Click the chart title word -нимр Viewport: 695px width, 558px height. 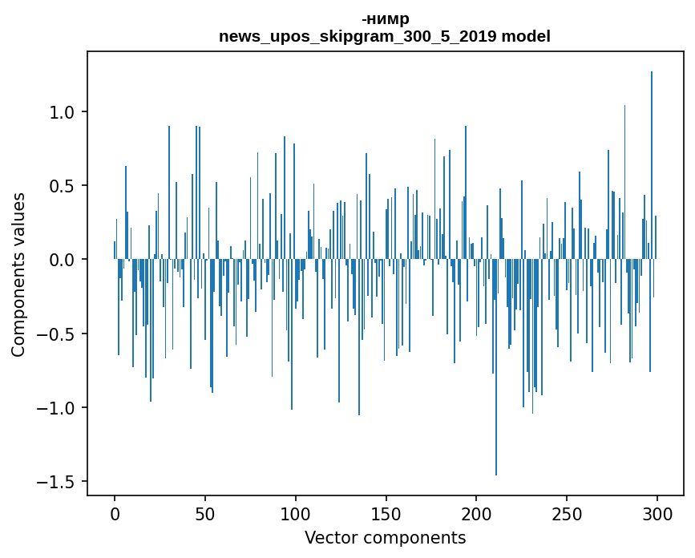pyautogui.click(x=385, y=19)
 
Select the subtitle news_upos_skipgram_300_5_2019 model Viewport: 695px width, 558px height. pyautogui.click(x=385, y=37)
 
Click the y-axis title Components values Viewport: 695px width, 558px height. pyautogui.click(x=18, y=274)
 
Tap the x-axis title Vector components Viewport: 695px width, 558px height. pyautogui.click(x=385, y=537)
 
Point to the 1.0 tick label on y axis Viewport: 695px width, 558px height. pyautogui.click(x=62, y=112)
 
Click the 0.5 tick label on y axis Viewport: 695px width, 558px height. pyautogui.click(x=62, y=186)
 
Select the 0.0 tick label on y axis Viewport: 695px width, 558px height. pyautogui.click(x=62, y=260)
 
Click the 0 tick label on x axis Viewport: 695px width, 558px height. pyautogui.click(x=115, y=513)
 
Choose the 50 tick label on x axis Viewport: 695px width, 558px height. pyautogui.click(x=205, y=513)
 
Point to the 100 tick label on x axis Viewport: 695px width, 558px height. pyautogui.click(x=296, y=513)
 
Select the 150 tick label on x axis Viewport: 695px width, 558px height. pyautogui.click(x=386, y=513)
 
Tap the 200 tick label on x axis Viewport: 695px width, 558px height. pyautogui.click(x=477, y=513)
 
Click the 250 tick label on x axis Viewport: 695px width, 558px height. pyautogui.click(x=568, y=513)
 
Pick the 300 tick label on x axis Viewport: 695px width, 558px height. pyautogui.click(x=657, y=513)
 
